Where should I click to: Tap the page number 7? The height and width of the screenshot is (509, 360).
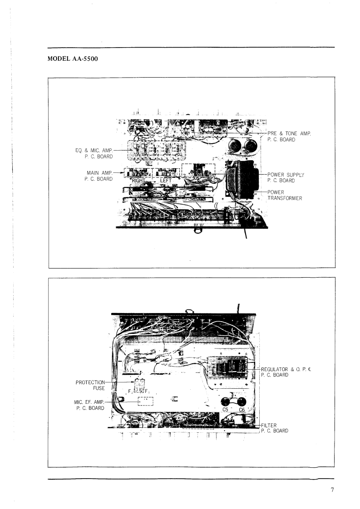pyautogui.click(x=332, y=489)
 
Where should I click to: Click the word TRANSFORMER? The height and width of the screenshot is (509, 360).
pyautogui.click(x=285, y=198)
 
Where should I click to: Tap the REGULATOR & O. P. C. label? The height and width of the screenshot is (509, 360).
pyautogui.click(x=286, y=369)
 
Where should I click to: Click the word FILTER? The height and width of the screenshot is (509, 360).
pyautogui.click(x=269, y=425)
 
